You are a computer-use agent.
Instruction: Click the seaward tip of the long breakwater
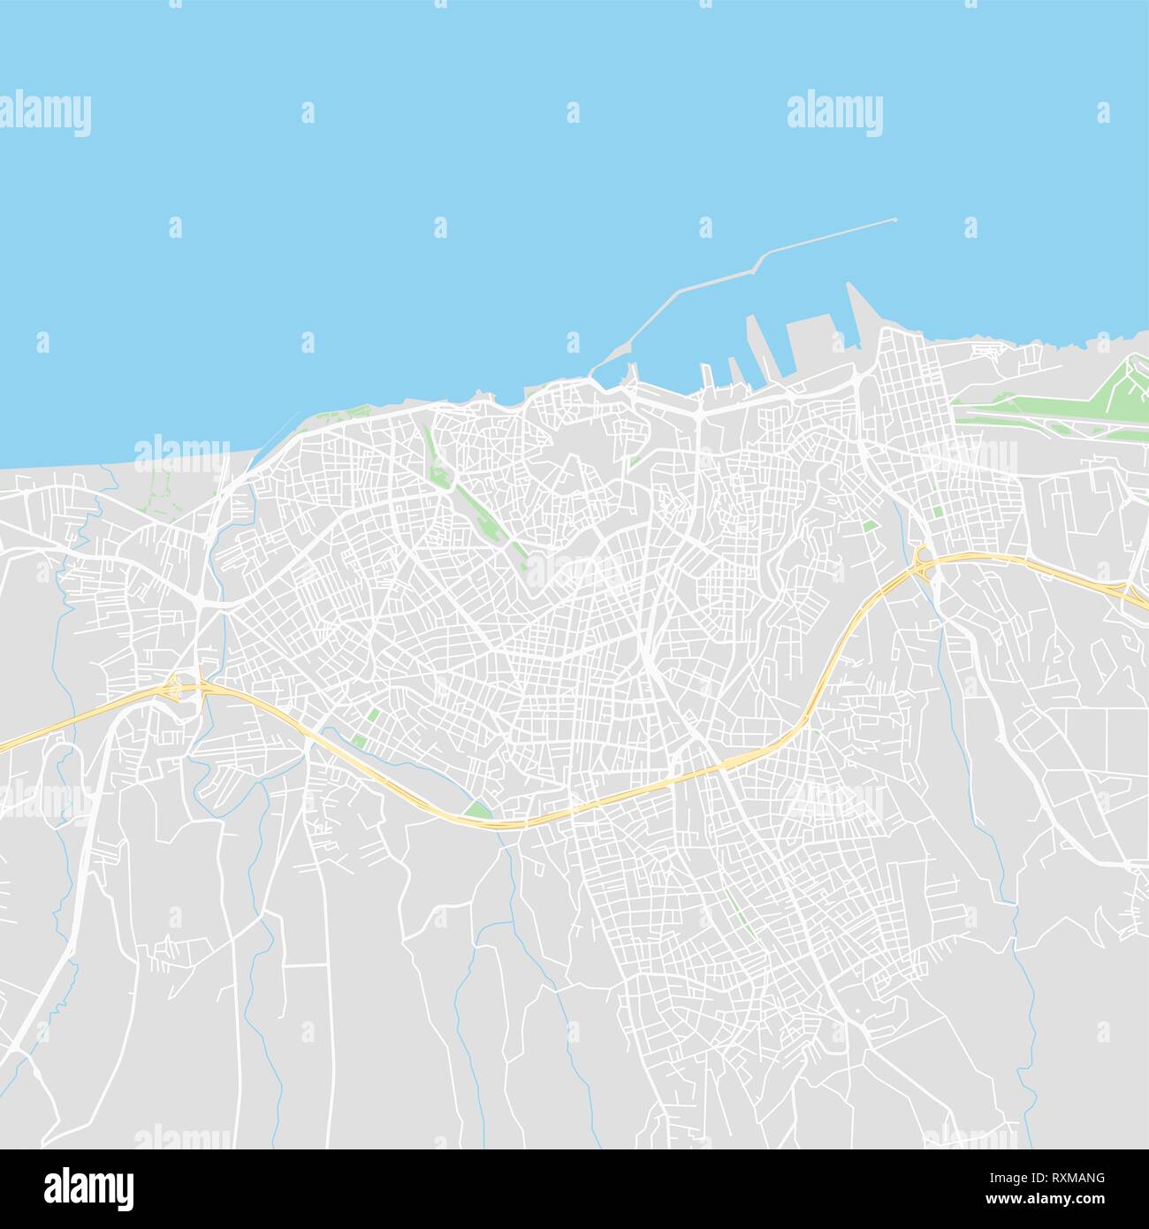[x=894, y=220]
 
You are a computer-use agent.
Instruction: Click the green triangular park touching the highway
[x=478, y=809]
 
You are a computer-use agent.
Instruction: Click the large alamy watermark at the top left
[x=45, y=114]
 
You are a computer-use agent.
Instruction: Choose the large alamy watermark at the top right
[x=833, y=114]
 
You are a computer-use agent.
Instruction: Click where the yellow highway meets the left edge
[x=3, y=748]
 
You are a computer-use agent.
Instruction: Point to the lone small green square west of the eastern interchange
[x=870, y=526]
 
